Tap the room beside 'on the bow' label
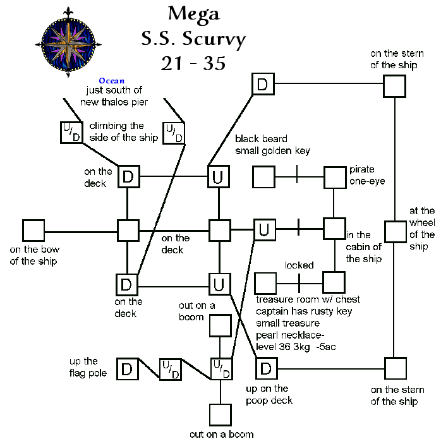(33, 231)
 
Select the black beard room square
(264, 177)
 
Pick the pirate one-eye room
(335, 177)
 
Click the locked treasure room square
(264, 282)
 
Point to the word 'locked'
(299, 265)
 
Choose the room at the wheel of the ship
(395, 231)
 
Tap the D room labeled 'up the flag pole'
(128, 369)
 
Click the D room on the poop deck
(266, 368)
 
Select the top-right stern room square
(394, 87)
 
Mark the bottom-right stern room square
(394, 368)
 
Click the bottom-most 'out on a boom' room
(220, 414)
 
